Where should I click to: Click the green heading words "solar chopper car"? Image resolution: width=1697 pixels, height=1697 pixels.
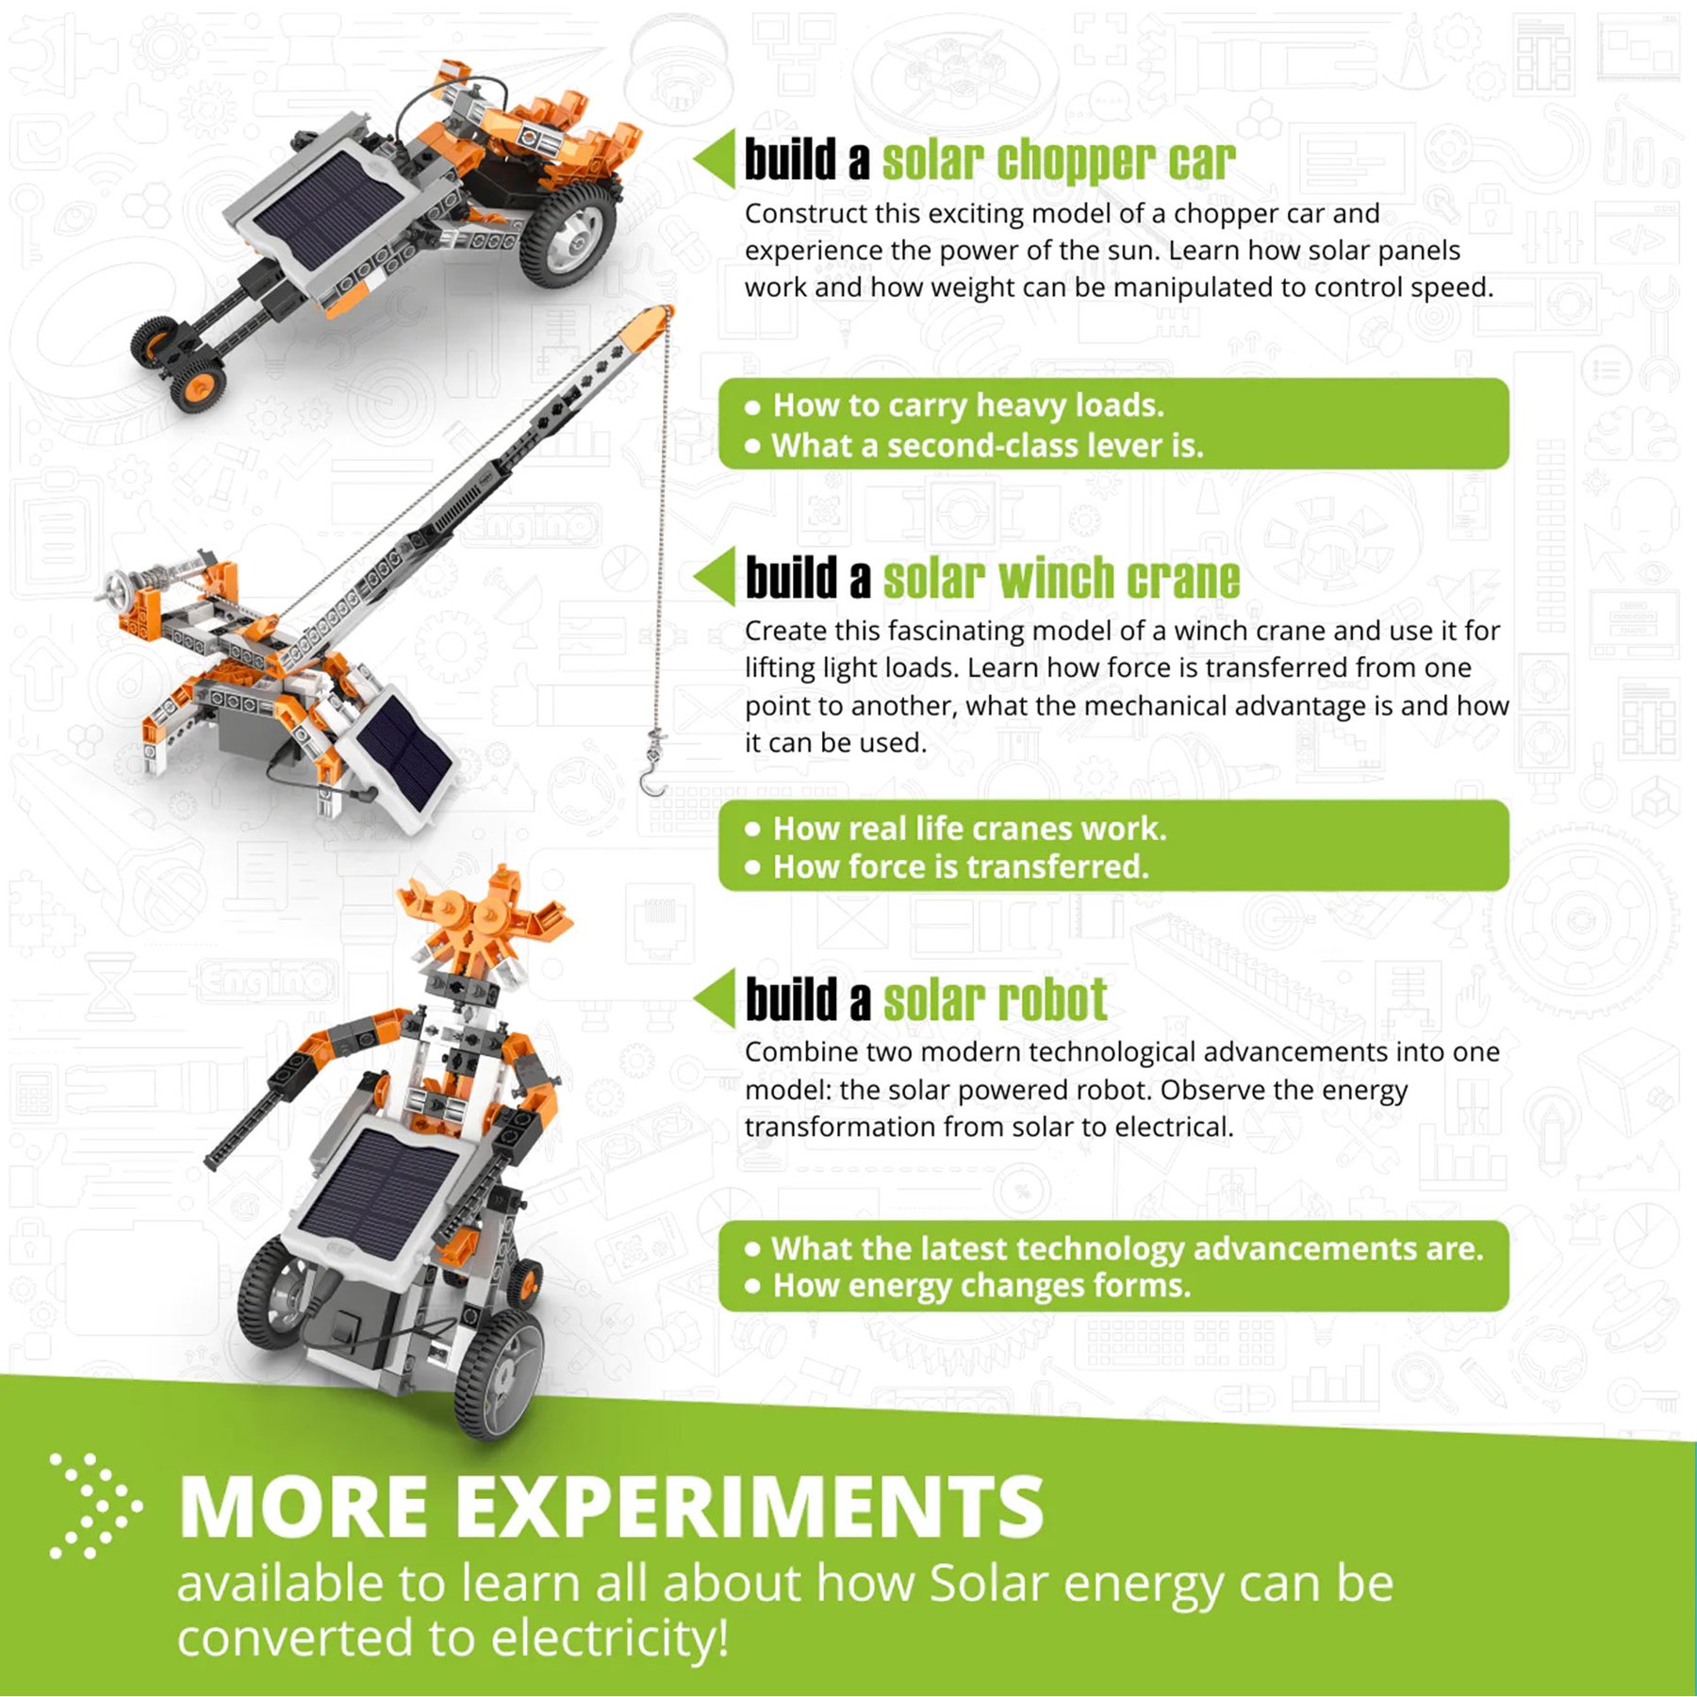(1059, 160)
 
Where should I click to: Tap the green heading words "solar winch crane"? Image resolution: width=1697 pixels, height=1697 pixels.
(1062, 577)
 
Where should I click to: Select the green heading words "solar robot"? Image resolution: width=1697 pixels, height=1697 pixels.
(996, 999)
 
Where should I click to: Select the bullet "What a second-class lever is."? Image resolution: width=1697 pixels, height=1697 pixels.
(975, 446)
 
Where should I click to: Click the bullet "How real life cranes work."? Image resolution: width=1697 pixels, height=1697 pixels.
(956, 829)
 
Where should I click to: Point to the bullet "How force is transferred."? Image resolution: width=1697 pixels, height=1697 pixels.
(947, 866)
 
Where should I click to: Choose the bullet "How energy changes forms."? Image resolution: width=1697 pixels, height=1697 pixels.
(968, 1286)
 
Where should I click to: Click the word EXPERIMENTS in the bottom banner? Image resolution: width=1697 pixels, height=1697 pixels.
(750, 1507)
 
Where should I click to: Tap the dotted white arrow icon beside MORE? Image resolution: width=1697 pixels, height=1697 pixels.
(94, 1506)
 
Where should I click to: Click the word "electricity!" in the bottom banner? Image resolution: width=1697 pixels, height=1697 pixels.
(610, 1639)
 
